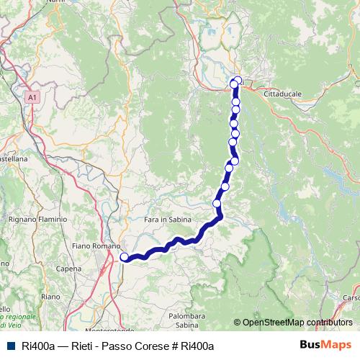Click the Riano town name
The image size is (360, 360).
click(50, 296)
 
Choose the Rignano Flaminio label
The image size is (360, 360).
click(37, 218)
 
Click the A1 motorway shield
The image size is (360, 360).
click(32, 96)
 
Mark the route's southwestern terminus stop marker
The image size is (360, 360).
click(125, 257)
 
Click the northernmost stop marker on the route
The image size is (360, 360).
click(238, 80)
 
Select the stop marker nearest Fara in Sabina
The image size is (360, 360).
click(217, 204)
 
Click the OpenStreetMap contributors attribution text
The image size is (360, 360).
click(297, 322)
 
